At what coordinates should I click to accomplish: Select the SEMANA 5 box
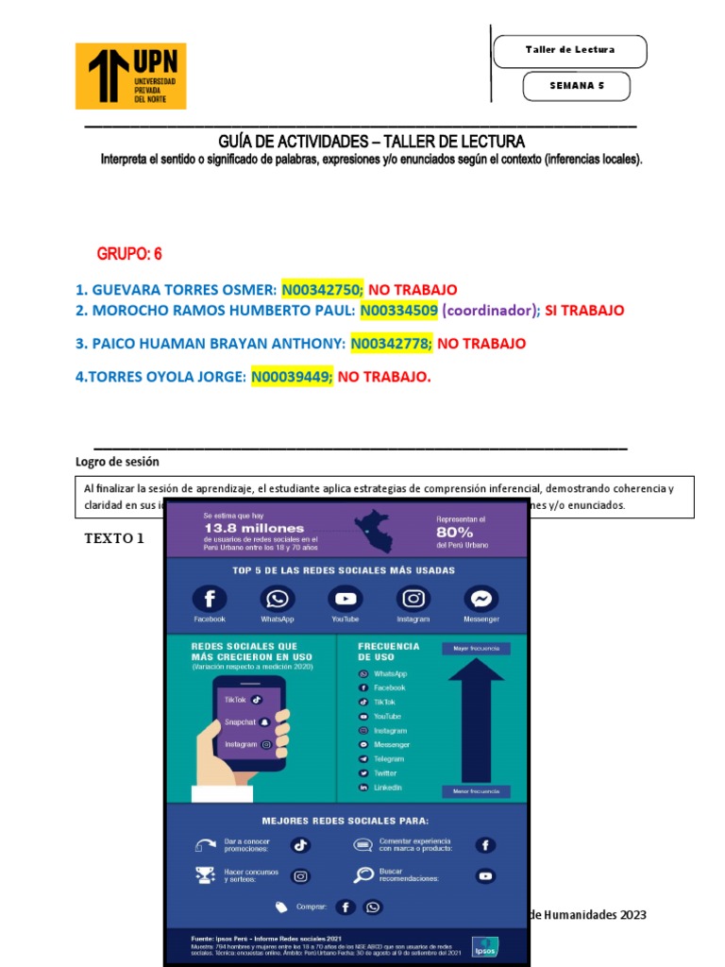[x=576, y=86]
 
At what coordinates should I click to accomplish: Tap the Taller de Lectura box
[x=569, y=50]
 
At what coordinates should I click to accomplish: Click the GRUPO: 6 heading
[x=129, y=254]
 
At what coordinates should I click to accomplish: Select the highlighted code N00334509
[x=398, y=311]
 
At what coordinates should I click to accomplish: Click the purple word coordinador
[x=491, y=311]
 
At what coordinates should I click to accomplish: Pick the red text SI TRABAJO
[x=584, y=311]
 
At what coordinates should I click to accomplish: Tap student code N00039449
[x=292, y=377]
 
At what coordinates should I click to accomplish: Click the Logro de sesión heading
[x=117, y=462]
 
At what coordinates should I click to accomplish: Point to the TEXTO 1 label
[x=114, y=538]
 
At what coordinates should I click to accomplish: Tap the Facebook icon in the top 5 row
[x=210, y=599]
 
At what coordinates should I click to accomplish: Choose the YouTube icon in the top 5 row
[x=346, y=599]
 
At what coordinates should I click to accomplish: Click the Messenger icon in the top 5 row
[x=481, y=599]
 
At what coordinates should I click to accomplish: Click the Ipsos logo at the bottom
[x=486, y=944]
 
